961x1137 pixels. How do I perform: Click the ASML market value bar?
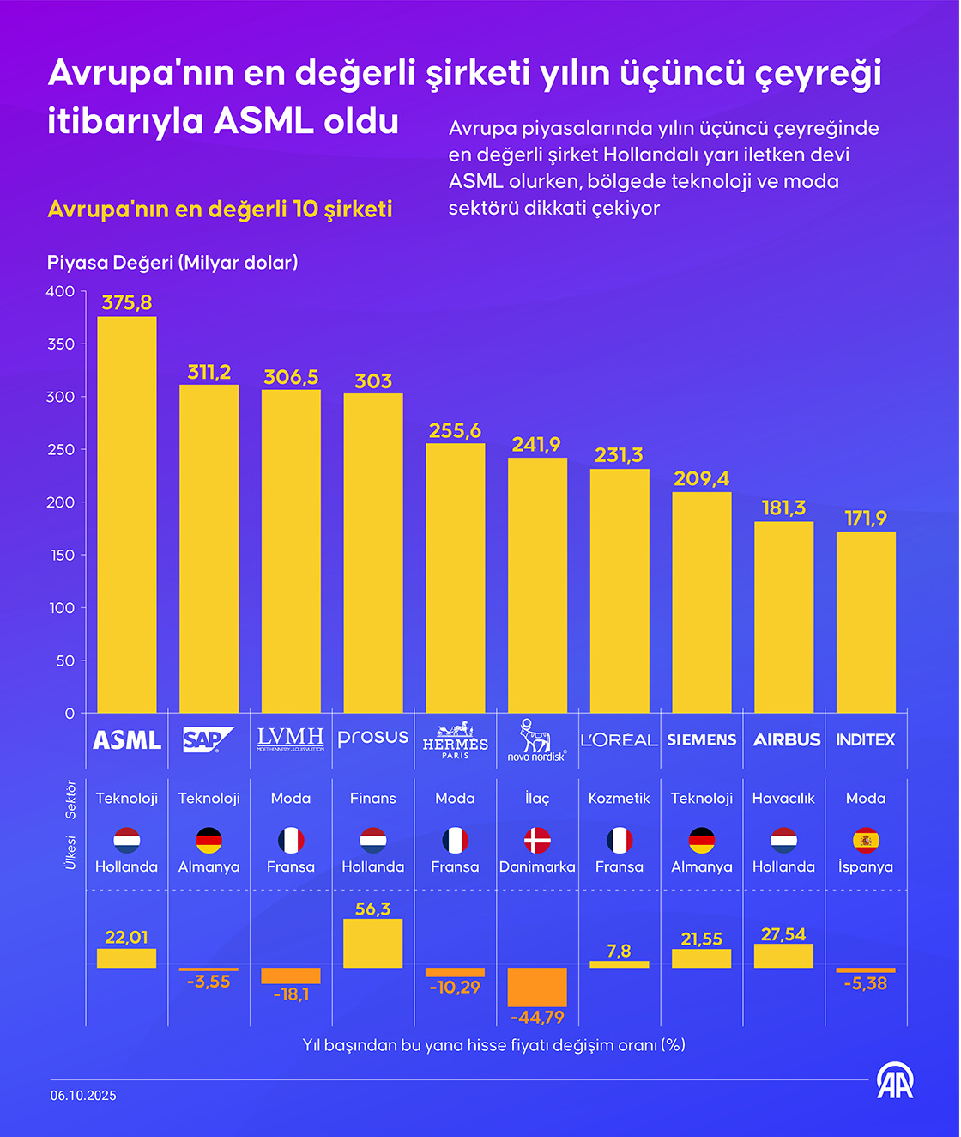point(127,515)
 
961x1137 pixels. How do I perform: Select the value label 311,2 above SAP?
point(209,372)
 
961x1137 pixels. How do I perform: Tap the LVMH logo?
point(291,739)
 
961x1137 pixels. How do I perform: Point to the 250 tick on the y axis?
point(61,449)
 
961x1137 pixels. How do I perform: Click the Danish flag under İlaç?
point(537,840)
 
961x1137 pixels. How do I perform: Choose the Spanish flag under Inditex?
point(866,840)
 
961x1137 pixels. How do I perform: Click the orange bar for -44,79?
point(537,987)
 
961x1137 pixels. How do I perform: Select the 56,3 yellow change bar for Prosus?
point(373,943)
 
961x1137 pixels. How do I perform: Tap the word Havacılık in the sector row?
point(783,798)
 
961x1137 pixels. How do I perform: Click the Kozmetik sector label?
point(619,798)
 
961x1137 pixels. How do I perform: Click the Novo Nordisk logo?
point(537,740)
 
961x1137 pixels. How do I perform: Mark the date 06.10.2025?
point(83,1095)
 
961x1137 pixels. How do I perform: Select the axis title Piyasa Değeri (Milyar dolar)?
point(172,263)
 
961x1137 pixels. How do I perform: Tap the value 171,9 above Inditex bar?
point(866,518)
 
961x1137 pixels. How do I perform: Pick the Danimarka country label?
point(537,866)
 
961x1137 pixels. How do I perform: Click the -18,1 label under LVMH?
point(291,994)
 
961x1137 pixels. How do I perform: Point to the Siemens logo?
point(701,739)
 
